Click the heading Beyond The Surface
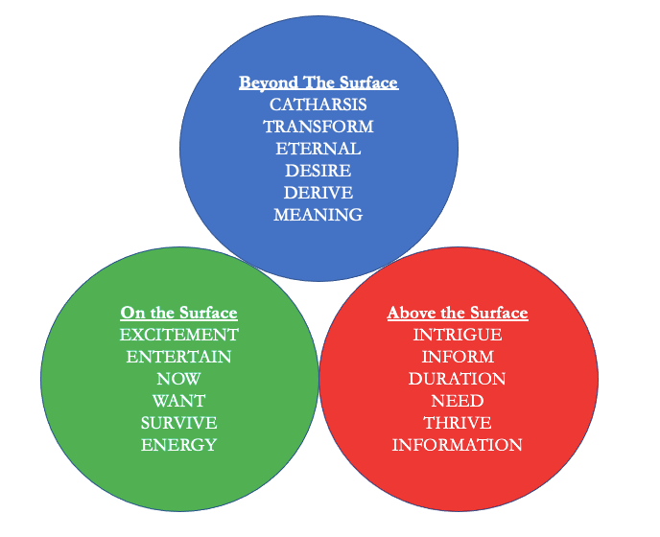(x=318, y=82)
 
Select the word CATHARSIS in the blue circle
(x=318, y=105)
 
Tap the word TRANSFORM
(x=318, y=127)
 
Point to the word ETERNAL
(x=318, y=149)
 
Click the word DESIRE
(x=318, y=171)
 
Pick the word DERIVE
(x=318, y=193)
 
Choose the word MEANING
(x=318, y=215)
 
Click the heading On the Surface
(x=178, y=313)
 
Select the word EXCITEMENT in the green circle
(x=178, y=335)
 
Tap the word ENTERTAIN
(x=178, y=357)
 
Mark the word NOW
(x=178, y=379)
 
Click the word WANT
(x=178, y=401)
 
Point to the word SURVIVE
(x=178, y=423)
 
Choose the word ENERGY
(x=178, y=445)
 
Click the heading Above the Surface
(x=457, y=313)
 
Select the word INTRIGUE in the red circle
(x=457, y=335)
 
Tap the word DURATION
(x=457, y=379)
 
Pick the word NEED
(x=457, y=401)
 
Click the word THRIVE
(x=457, y=423)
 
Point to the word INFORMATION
(x=457, y=445)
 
